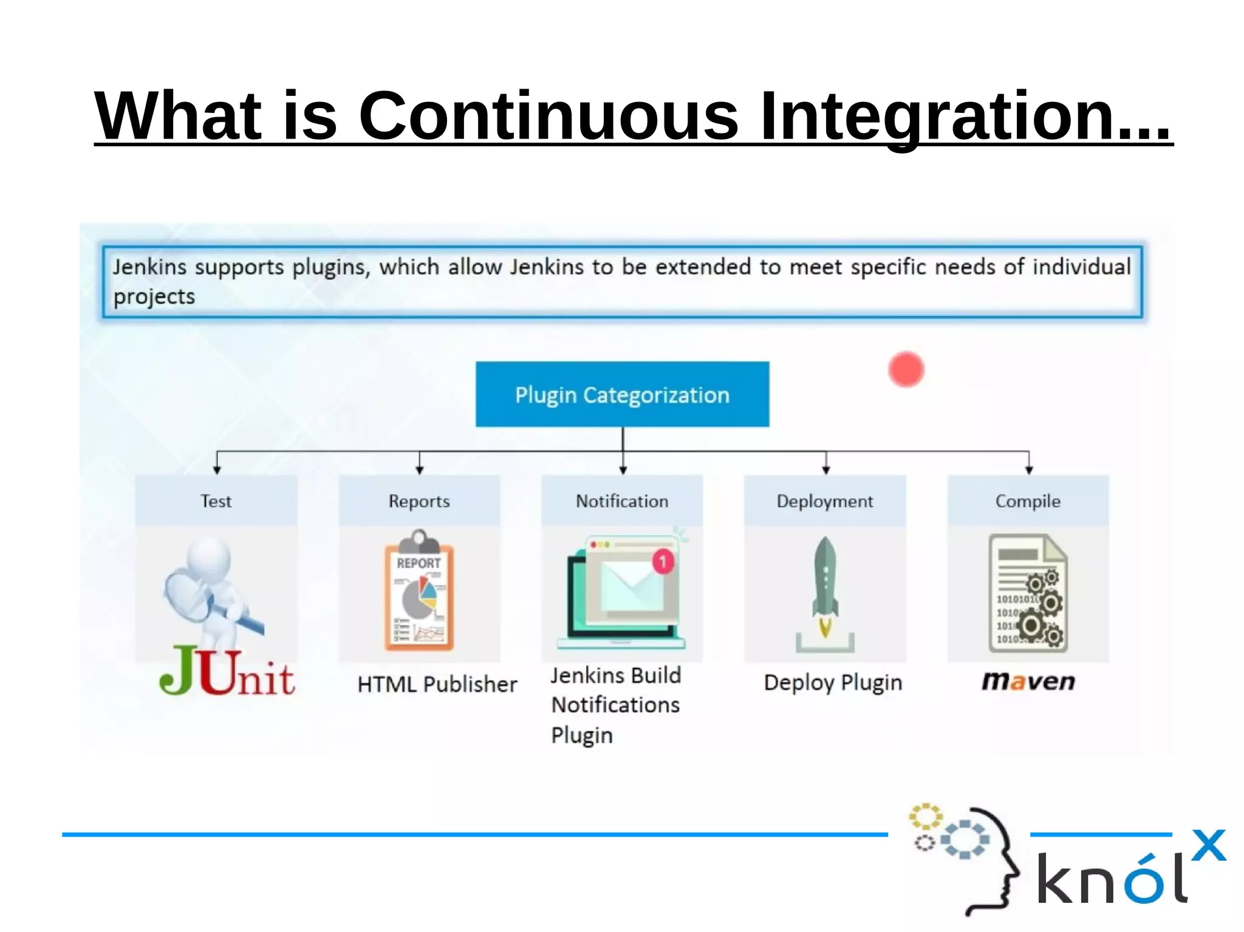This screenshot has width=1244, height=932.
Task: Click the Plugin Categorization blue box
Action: click(x=622, y=395)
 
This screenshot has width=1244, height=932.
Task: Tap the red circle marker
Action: click(x=906, y=369)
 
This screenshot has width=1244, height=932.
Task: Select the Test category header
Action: click(x=216, y=501)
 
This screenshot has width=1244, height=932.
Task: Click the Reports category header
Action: click(x=419, y=501)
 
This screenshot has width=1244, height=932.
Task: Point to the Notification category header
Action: click(x=622, y=501)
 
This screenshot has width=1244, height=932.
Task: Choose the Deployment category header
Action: click(x=825, y=501)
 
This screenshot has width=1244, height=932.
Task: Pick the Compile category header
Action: click(x=1028, y=501)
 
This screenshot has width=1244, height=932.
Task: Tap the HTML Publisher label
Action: click(x=437, y=684)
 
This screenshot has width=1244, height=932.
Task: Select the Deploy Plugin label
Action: click(x=833, y=682)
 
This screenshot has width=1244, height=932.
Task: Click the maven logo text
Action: click(x=1028, y=681)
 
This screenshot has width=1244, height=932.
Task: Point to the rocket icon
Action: click(x=825, y=586)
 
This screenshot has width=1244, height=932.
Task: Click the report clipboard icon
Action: click(x=419, y=592)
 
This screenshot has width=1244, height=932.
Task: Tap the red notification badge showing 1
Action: click(x=663, y=562)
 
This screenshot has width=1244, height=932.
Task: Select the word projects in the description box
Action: click(x=154, y=297)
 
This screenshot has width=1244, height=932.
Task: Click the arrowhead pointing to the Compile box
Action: click(x=1029, y=470)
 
